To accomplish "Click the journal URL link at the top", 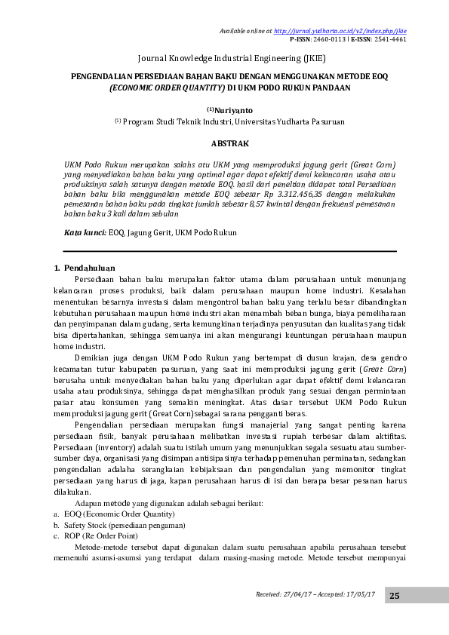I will point(341,31).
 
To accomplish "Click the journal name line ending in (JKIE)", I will point(231,57).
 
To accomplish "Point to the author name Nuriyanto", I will point(235,109).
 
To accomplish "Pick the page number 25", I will point(394,596).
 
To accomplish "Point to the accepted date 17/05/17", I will point(358,595).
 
